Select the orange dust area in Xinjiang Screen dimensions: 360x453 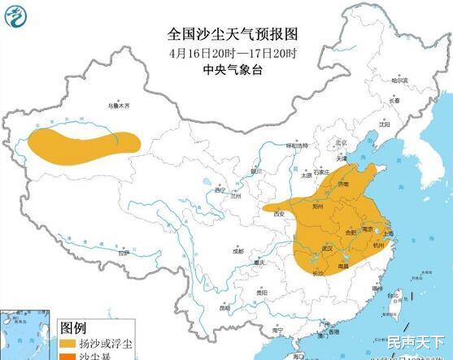coord(81,144)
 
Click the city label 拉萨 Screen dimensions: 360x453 coord(123,254)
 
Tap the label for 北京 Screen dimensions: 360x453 coord(342,144)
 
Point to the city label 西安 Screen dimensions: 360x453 coord(280,213)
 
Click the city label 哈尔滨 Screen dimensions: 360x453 coord(399,80)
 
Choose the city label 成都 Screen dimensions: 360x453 coord(237,251)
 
